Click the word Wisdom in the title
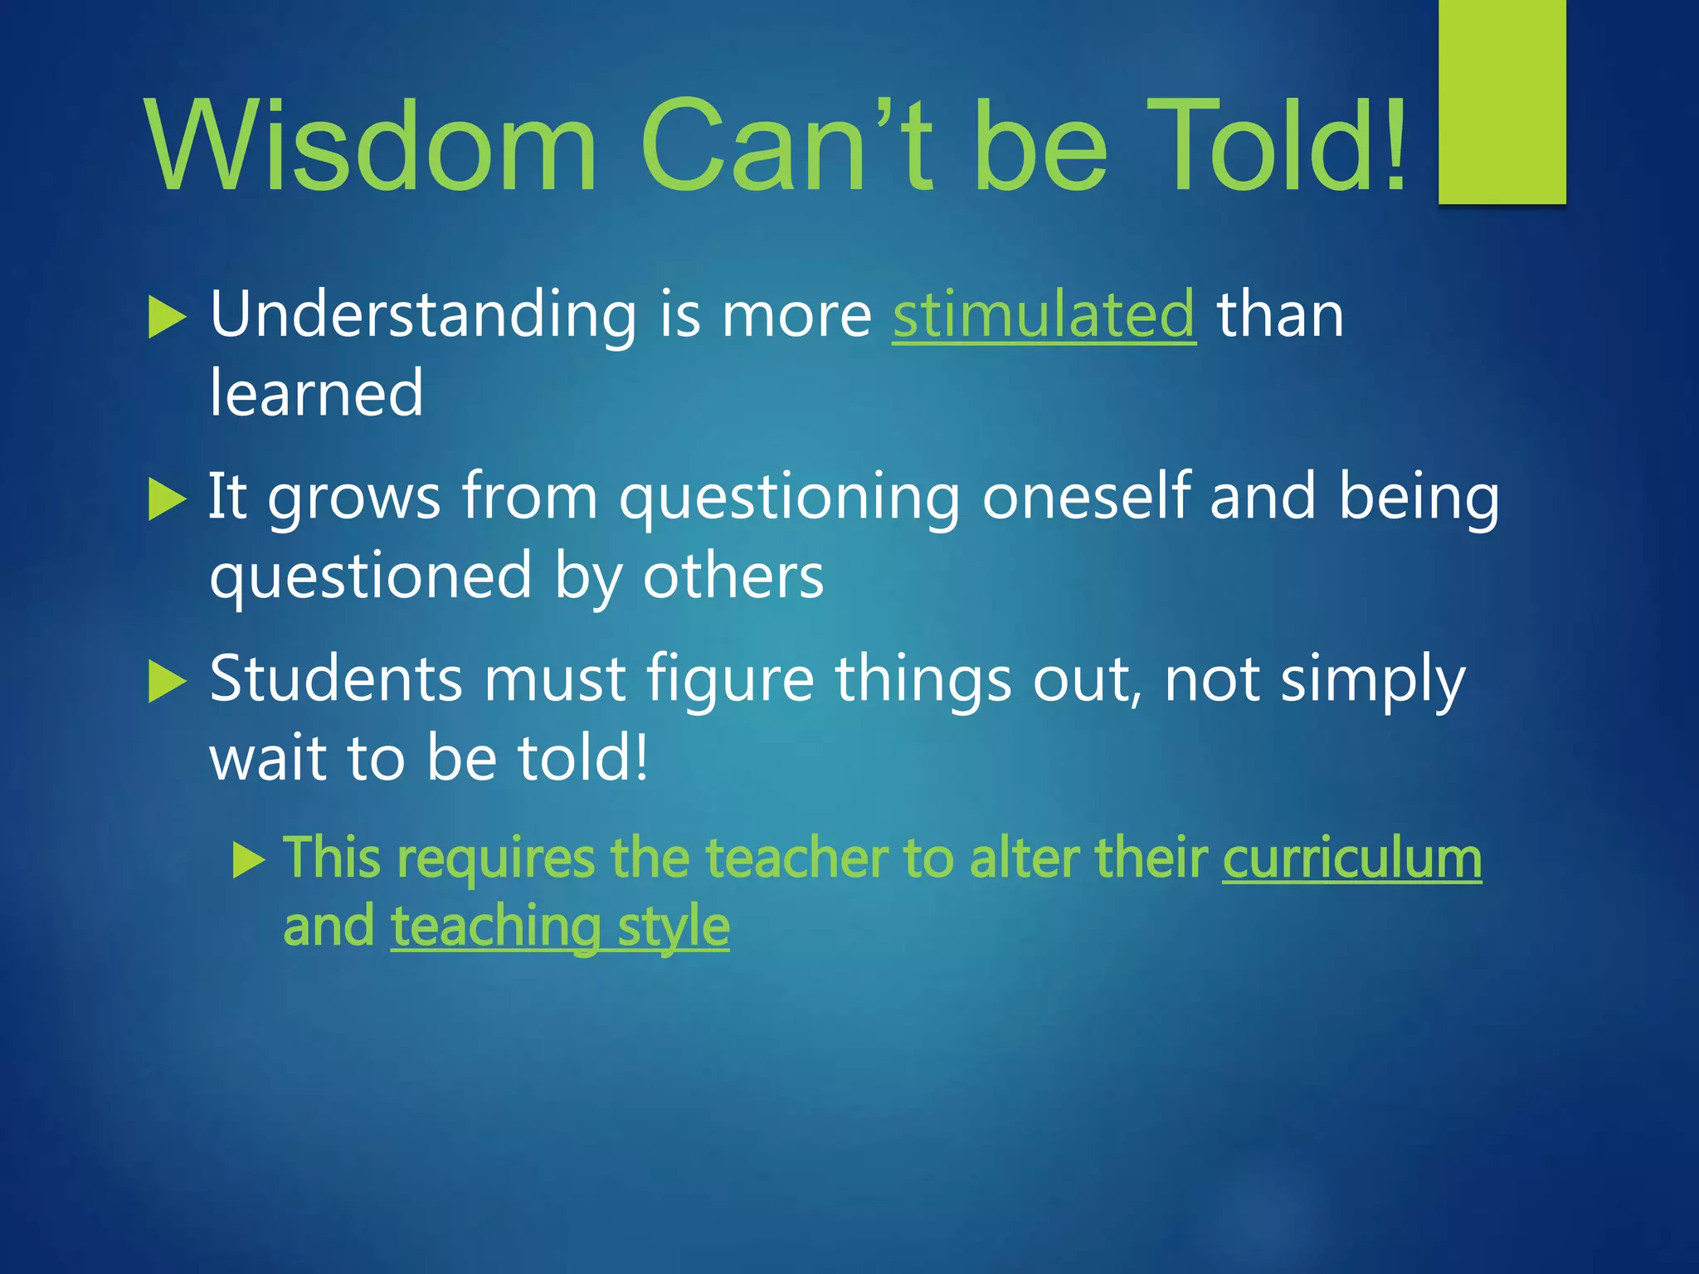coord(370,146)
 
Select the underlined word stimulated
coord(1044,315)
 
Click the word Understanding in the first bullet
coord(423,315)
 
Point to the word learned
coord(316,393)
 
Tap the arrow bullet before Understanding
coord(167,318)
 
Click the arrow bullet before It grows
coord(167,500)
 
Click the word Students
coord(335,678)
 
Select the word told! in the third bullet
coord(582,757)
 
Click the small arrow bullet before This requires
coord(248,860)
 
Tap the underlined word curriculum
coord(1351,858)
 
